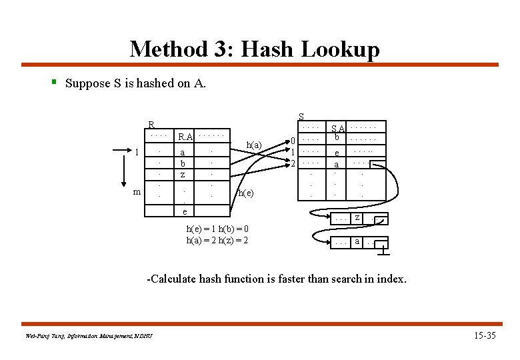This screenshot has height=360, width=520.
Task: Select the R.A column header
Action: tap(185, 137)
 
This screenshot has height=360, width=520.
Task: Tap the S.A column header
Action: tap(338, 128)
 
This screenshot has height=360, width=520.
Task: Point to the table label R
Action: tap(151, 125)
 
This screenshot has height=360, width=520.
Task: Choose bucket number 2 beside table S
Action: tap(292, 163)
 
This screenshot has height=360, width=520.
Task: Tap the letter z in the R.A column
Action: tap(183, 174)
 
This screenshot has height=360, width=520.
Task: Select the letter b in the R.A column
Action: tap(183, 163)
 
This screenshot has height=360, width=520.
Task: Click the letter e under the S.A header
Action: tap(337, 153)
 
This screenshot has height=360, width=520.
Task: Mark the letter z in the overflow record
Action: tap(357, 218)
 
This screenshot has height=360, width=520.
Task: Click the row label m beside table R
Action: tap(136, 192)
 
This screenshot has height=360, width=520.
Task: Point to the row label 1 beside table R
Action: tap(136, 152)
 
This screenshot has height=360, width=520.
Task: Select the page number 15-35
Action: tap(483, 335)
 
